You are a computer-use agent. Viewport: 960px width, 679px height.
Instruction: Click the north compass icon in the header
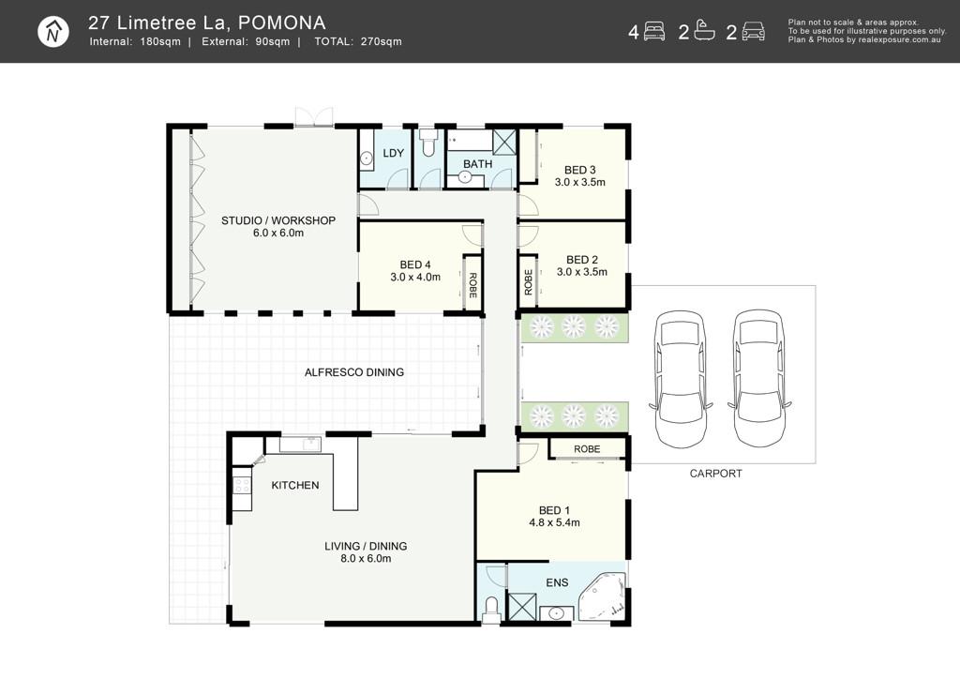click(x=53, y=32)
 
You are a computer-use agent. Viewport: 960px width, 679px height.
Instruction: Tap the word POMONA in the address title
click(x=281, y=23)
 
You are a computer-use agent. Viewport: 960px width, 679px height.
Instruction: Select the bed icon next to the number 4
click(x=653, y=31)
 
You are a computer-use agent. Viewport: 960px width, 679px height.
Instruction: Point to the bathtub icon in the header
click(x=705, y=31)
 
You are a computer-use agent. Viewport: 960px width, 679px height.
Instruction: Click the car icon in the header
click(x=753, y=31)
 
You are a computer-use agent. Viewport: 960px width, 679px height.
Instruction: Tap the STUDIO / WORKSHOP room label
click(x=277, y=220)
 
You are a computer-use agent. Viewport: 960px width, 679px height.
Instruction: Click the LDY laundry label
click(x=393, y=153)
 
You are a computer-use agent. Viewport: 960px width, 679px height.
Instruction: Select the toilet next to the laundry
click(x=427, y=142)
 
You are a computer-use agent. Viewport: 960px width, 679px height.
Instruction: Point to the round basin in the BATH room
click(x=465, y=177)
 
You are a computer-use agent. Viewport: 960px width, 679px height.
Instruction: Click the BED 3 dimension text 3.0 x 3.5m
click(x=579, y=182)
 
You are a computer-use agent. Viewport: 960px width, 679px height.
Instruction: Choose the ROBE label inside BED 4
click(x=472, y=285)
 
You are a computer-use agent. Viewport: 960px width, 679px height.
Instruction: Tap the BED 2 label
click(x=581, y=260)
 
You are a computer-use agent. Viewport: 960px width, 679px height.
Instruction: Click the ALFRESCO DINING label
click(x=353, y=371)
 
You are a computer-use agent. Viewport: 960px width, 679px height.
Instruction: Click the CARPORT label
click(x=715, y=474)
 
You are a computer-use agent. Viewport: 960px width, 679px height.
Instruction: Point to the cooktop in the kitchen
click(x=242, y=486)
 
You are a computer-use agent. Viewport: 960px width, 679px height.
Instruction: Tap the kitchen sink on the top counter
click(x=310, y=443)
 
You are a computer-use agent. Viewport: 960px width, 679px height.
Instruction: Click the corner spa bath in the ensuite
click(x=603, y=596)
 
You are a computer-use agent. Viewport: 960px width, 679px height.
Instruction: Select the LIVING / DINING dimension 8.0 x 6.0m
click(x=366, y=558)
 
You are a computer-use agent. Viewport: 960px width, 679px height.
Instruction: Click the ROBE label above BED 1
click(x=587, y=449)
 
